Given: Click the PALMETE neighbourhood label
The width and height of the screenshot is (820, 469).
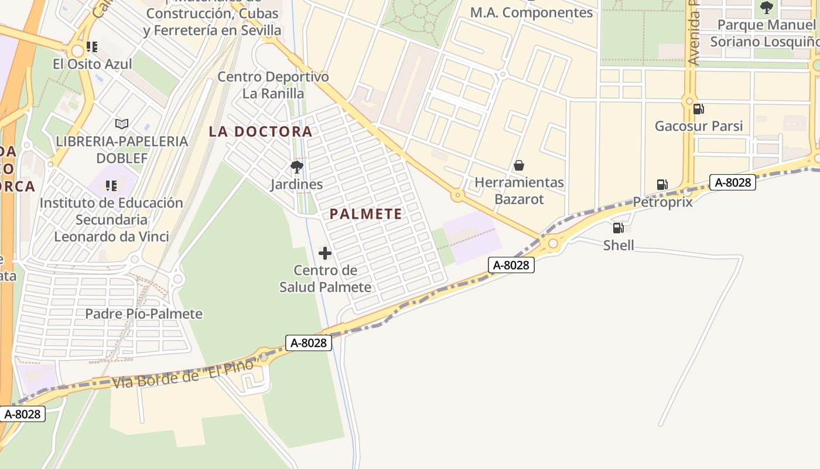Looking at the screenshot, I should (365, 214).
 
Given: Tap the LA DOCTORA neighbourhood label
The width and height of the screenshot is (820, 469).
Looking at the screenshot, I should (260, 131).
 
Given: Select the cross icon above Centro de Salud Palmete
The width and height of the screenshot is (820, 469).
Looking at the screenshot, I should (324, 253).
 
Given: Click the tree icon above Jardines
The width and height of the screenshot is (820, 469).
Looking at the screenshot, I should (297, 167).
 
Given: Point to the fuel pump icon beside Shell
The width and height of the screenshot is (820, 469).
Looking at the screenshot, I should (618, 228).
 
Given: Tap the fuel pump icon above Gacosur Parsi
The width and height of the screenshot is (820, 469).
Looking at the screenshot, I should (698, 108).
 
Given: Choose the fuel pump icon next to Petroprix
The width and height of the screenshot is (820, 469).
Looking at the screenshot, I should (662, 185).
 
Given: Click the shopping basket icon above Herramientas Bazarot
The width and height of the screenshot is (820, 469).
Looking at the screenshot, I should (518, 166).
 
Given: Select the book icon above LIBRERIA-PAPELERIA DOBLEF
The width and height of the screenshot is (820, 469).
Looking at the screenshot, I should (122, 124).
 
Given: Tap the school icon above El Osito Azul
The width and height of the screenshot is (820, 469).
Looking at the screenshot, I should (91, 46).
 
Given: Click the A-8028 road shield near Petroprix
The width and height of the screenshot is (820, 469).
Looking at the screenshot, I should (732, 182).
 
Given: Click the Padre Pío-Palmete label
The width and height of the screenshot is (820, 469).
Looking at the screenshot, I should (143, 314).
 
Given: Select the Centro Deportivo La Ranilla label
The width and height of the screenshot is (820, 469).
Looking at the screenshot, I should (273, 85).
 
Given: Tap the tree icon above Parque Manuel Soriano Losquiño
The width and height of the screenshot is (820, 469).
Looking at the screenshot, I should (766, 8).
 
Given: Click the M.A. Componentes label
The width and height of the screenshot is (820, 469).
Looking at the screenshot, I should (531, 12).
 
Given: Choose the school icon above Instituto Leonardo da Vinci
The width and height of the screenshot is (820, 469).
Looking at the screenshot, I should (111, 186).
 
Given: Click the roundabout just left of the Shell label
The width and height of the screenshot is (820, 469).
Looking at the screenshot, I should (552, 242).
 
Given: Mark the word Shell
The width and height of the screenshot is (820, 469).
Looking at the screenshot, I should (619, 245).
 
